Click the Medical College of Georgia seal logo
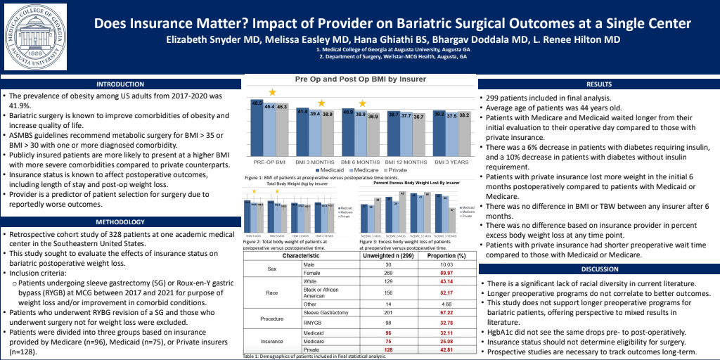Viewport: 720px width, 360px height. tap(35, 35)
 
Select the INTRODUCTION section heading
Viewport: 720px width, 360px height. tap(120, 84)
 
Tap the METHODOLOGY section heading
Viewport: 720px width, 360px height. tap(120, 221)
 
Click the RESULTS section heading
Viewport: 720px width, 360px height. tap(598, 84)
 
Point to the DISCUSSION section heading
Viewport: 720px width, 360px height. tap(598, 269)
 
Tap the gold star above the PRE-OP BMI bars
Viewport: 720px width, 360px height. tap(271, 93)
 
